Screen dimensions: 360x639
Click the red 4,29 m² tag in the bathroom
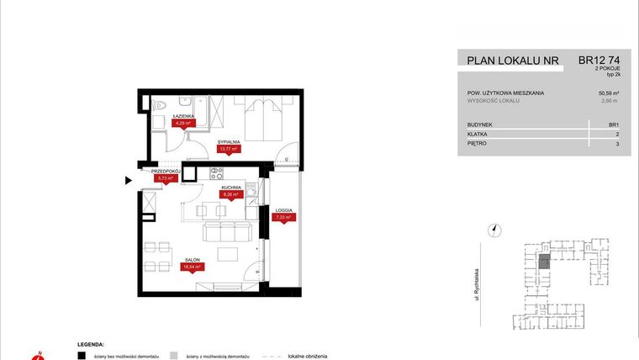[x=182, y=123]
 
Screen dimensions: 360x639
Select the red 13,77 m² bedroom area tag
[x=229, y=149]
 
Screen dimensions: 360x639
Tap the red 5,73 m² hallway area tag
[x=164, y=178]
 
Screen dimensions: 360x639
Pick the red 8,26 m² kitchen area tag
[x=230, y=194]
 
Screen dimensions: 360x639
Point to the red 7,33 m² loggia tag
[x=283, y=217]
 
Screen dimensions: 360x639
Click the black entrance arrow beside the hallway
[x=128, y=179]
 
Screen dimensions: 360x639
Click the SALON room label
[x=192, y=259]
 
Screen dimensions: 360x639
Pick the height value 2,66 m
[x=610, y=101]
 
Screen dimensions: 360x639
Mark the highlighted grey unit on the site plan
[x=544, y=262]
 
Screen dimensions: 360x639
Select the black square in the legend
[x=82, y=356]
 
